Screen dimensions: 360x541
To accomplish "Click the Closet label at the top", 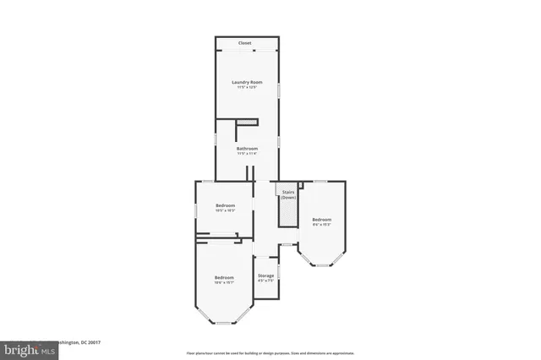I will [x=244, y=43].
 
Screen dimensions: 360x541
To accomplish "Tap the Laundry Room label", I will [x=247, y=82].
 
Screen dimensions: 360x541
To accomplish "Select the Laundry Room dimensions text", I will [x=247, y=88].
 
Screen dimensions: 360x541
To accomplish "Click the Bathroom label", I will [x=247, y=149].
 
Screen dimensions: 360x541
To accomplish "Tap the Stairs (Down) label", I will [x=287, y=194].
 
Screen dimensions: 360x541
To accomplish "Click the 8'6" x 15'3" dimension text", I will [x=321, y=225].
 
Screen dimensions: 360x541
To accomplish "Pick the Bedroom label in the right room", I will [x=321, y=219].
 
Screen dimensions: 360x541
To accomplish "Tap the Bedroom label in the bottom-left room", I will [x=224, y=277].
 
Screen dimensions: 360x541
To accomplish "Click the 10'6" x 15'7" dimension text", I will [x=224, y=283].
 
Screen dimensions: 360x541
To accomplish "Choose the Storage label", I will [x=265, y=275].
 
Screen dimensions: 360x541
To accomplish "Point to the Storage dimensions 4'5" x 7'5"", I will [x=265, y=281].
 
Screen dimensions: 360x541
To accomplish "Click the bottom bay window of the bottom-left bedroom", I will [x=224, y=323].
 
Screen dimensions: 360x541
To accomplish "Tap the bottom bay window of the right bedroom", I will [x=321, y=265].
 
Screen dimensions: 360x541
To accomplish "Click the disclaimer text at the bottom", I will [x=270, y=352].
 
